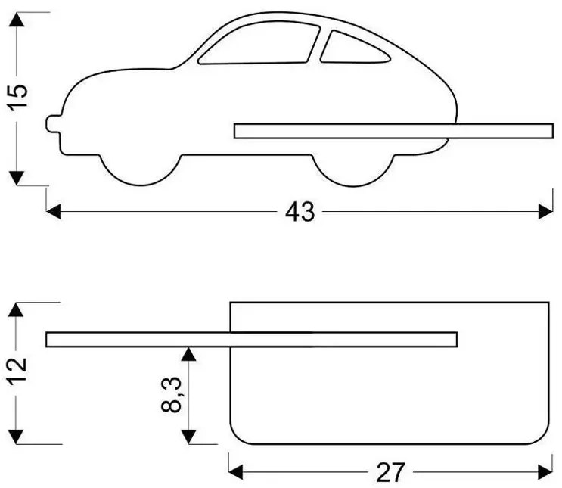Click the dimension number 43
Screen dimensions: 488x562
300,213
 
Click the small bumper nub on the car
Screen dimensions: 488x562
52,123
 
